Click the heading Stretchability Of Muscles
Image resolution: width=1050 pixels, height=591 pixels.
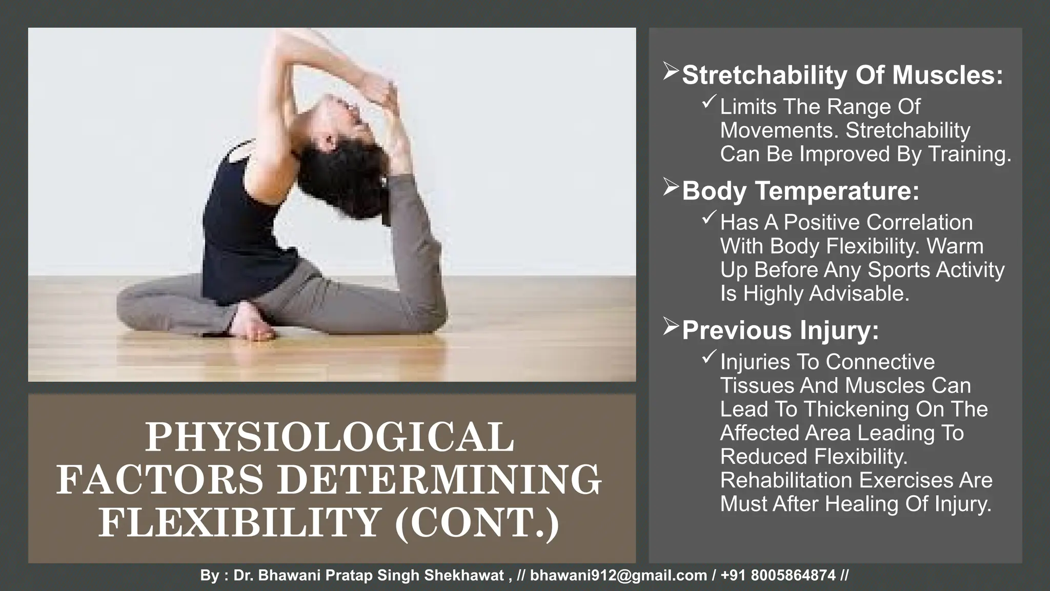[x=842, y=75]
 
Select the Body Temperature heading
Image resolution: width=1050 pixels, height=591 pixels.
[x=800, y=191]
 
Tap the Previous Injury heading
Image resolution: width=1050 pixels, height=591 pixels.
[x=780, y=330]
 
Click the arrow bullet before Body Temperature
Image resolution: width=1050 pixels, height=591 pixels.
[x=671, y=187]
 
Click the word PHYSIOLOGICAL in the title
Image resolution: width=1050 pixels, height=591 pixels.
[x=329, y=437]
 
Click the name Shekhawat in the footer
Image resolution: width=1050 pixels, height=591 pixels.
[x=464, y=576]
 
